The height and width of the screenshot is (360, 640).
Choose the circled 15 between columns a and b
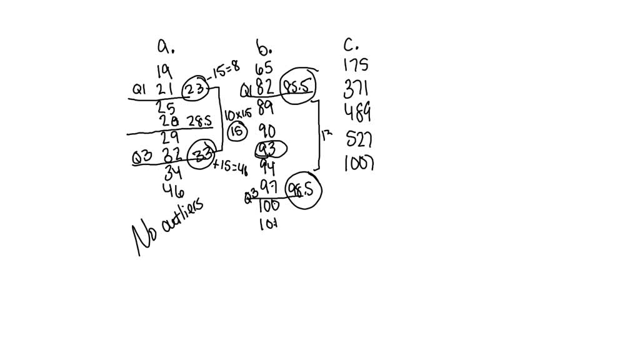(x=237, y=131)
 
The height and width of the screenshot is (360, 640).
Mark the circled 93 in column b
(x=269, y=150)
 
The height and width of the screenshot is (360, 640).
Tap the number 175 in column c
(x=356, y=65)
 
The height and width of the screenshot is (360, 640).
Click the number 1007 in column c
(x=359, y=164)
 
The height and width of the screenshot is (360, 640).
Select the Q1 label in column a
(x=138, y=91)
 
